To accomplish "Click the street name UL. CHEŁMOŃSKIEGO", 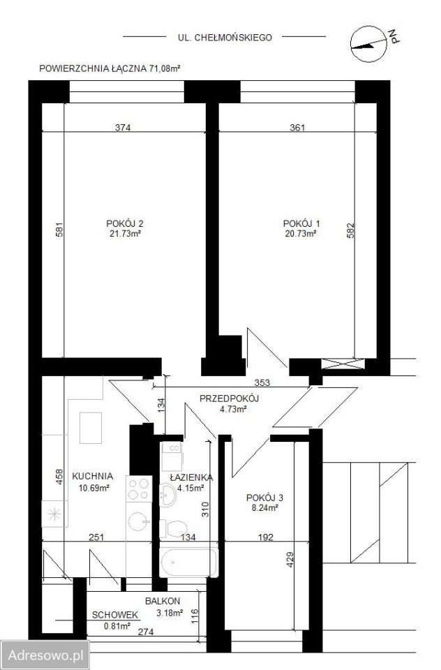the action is [x=225, y=38].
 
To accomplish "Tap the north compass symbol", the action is [x=369, y=45].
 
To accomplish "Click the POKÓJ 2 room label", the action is [x=125, y=223].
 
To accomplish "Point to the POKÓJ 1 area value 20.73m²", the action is [x=301, y=234].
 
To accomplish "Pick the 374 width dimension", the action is [x=123, y=127].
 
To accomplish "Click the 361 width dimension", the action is [x=297, y=127].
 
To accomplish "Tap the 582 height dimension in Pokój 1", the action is [x=350, y=230].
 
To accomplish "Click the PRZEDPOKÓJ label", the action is [x=230, y=399].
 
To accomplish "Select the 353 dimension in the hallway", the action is [x=262, y=382].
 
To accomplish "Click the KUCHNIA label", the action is [x=93, y=476].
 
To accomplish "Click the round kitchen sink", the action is [x=140, y=521].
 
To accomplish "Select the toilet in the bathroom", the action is [x=174, y=529].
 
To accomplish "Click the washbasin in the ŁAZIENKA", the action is [x=167, y=494].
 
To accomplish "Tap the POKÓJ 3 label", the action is [x=264, y=498].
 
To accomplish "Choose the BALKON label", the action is [x=163, y=601].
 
